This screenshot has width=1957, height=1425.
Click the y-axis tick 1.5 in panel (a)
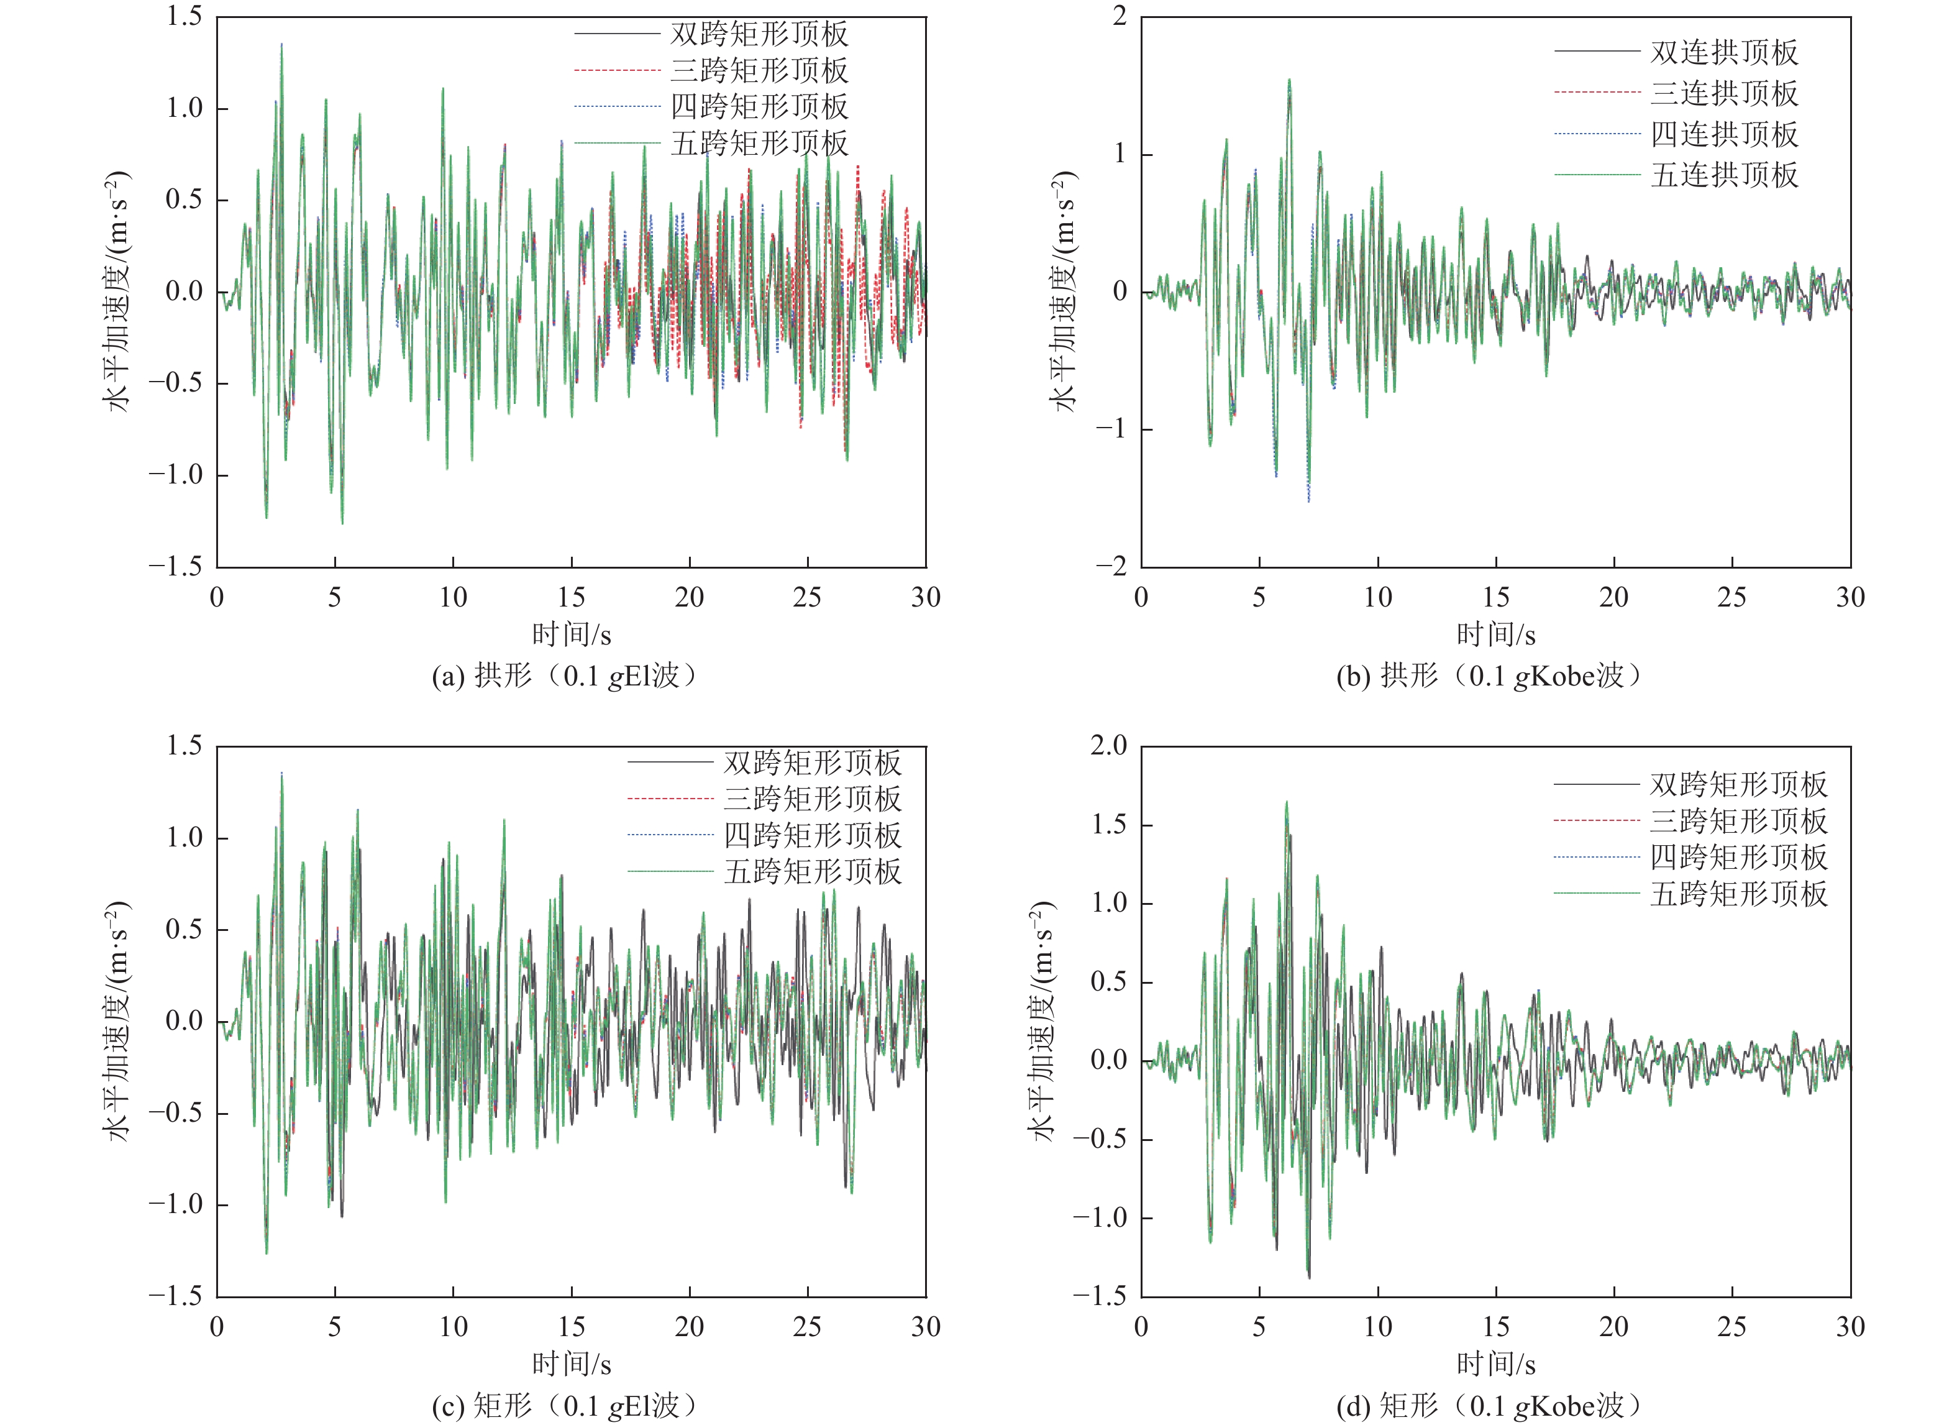point(185,16)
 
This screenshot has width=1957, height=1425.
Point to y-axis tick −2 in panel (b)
point(1111,566)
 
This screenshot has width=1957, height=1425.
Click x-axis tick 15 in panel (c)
point(571,1327)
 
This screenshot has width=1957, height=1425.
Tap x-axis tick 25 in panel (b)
point(1732,597)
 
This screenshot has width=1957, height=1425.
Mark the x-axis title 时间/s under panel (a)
point(571,635)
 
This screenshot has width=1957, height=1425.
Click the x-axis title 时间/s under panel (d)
point(1495,1365)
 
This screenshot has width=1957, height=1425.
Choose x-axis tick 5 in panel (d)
point(1259,1327)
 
